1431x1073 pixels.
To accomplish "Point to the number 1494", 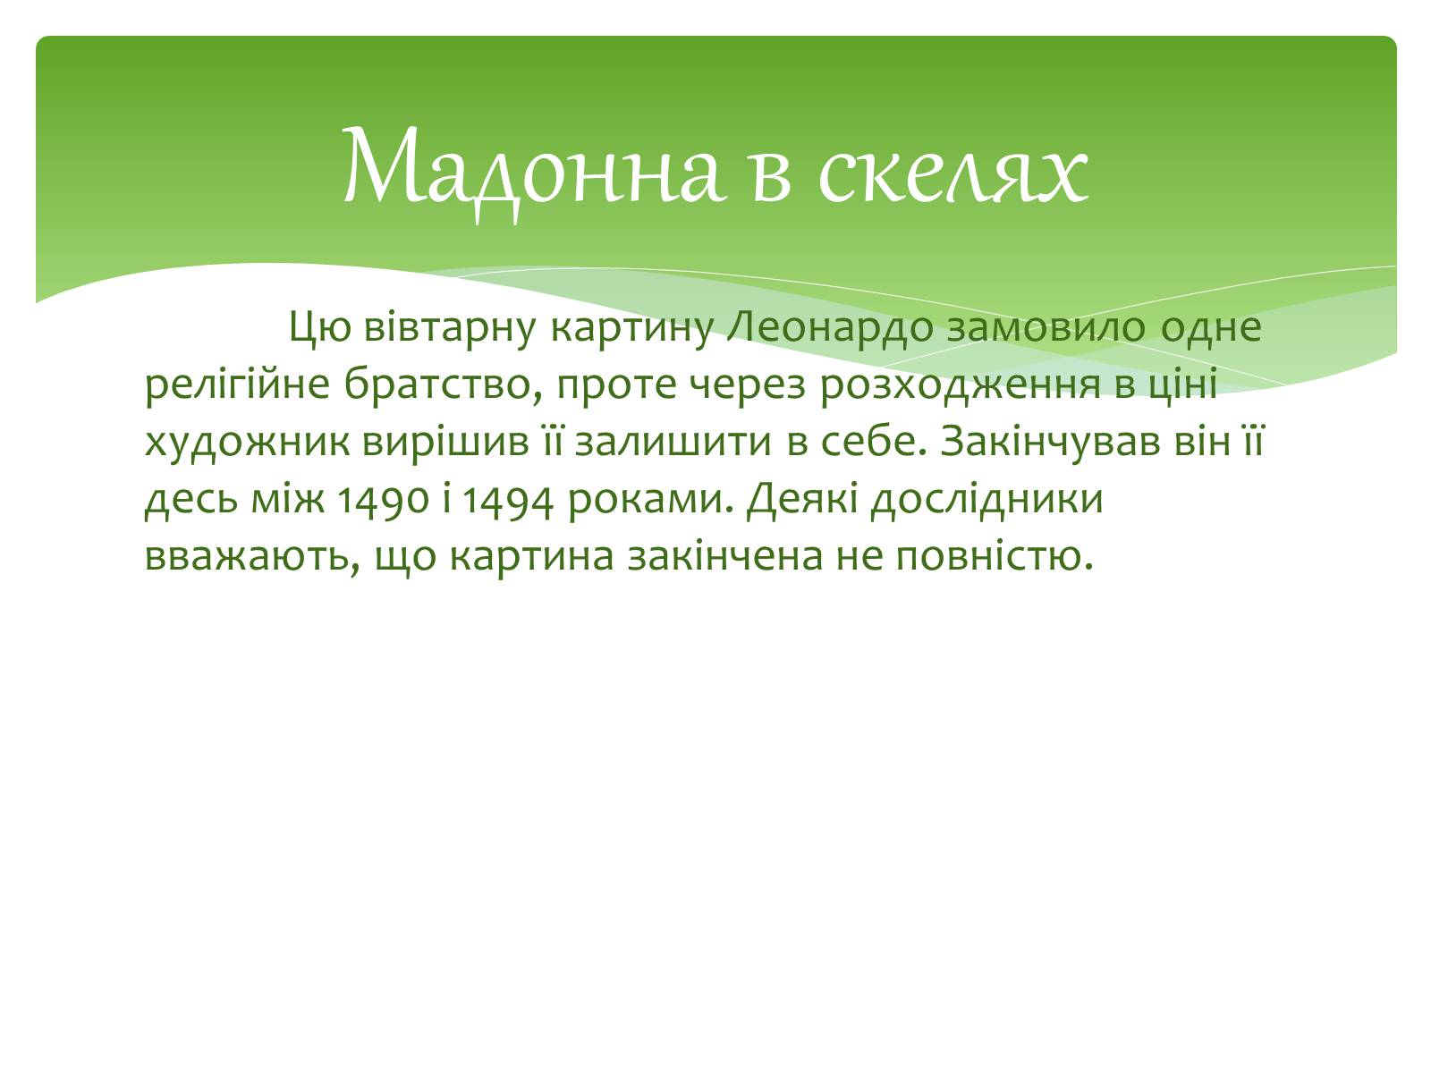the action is [507, 501].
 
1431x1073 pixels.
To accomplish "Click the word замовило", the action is [1046, 327].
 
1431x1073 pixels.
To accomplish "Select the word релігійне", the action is [237, 385].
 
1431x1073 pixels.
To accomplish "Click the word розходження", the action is [960, 385].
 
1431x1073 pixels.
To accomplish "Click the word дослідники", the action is [986, 501].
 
